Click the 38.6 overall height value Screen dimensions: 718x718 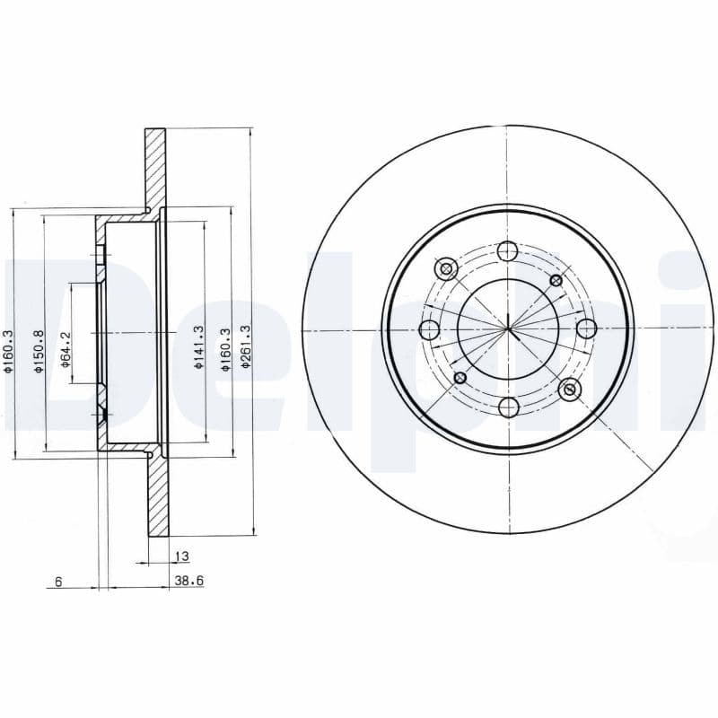(x=188, y=582)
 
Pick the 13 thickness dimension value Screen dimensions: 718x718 (x=182, y=556)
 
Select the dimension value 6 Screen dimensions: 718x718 (x=57, y=582)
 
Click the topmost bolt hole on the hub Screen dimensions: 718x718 (x=508, y=250)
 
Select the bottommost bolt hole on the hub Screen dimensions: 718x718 (x=508, y=407)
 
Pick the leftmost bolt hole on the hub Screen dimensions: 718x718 (x=429, y=329)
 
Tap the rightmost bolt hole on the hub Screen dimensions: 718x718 (x=587, y=328)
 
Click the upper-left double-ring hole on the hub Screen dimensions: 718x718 (x=445, y=268)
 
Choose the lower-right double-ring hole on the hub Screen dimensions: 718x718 (x=569, y=390)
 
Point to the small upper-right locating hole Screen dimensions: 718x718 (x=556, y=281)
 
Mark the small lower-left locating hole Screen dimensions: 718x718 (x=460, y=377)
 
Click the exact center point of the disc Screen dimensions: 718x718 (x=508, y=328)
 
